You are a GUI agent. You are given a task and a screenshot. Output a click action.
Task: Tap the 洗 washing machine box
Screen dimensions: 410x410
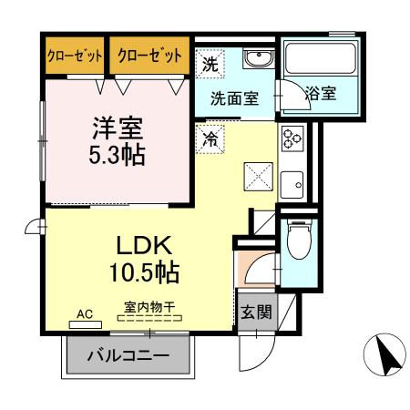click(x=210, y=65)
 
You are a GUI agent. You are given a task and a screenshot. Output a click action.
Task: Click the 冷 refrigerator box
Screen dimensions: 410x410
click(x=210, y=139)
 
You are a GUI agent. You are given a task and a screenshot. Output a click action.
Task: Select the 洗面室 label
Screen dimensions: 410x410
click(x=235, y=98)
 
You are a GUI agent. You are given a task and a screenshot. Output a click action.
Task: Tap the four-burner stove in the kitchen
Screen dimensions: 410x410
click(x=292, y=138)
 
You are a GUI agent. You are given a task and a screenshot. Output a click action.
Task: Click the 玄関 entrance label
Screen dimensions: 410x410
click(x=255, y=313)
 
